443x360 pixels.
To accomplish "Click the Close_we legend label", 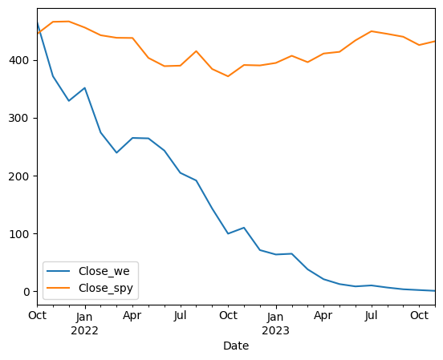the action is coord(104,271).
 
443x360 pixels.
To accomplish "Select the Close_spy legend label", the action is coord(106,289).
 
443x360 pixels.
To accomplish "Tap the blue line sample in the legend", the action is coord(59,271).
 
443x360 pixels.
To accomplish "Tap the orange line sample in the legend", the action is coord(59,288).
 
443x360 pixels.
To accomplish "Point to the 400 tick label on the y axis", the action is coord(19,60).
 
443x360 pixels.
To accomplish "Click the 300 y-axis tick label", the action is coord(19,118).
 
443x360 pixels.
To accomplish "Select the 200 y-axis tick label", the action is coord(19,176).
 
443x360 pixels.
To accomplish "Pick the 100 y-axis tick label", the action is coord(19,234).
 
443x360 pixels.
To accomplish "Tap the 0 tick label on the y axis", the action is coord(26,292).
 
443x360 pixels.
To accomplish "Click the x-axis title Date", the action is coord(236,346).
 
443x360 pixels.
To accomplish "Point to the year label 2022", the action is coord(84,330).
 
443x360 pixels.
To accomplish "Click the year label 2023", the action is coord(275,330).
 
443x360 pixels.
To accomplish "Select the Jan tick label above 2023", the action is coord(275,317).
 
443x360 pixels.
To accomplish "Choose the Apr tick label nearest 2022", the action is coord(132,316).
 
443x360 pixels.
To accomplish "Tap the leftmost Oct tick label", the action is coord(37,315).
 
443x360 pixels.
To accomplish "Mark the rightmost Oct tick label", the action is coord(419,315).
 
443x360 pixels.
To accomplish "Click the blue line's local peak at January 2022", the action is coord(85,88).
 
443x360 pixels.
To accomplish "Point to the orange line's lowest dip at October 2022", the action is coord(228,76).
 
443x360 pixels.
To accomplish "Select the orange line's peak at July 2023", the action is coord(372,31).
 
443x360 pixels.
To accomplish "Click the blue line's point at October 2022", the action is coord(228,233).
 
